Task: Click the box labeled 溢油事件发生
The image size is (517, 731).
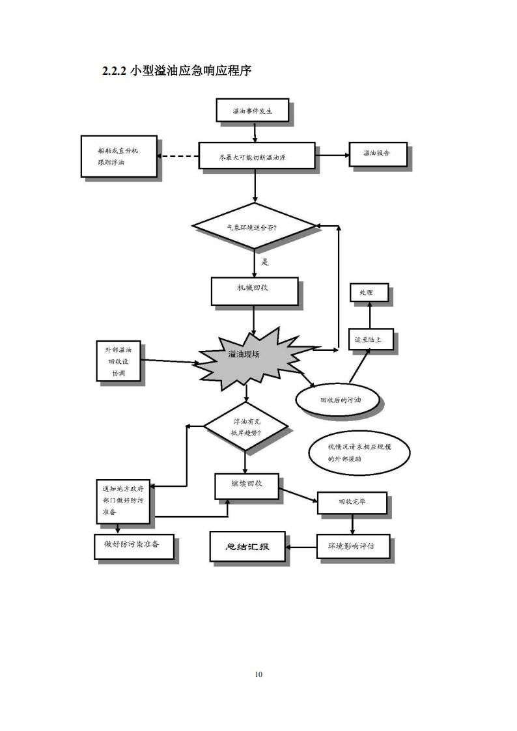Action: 252,111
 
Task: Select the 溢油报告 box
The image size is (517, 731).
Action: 378,154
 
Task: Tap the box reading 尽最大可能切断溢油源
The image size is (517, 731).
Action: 256,156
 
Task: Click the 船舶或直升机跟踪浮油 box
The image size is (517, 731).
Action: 119,156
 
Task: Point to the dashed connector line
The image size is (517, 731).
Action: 179,156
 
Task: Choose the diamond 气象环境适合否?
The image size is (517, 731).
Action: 253,226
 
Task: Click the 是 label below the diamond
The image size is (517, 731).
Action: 265,262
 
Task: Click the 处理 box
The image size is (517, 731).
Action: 369,293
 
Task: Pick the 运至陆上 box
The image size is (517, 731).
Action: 370,340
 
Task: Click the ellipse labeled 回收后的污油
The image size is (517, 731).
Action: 337,400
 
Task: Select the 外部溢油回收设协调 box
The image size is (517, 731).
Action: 119,361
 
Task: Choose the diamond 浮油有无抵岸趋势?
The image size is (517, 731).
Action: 245,426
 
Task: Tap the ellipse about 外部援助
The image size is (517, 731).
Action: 359,453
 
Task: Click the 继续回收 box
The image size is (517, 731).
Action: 246,486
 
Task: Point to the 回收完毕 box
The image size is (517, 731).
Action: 352,503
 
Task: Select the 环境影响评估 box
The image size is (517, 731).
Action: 354,546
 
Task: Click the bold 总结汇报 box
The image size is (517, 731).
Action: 247,546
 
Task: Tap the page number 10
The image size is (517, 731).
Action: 258,674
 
